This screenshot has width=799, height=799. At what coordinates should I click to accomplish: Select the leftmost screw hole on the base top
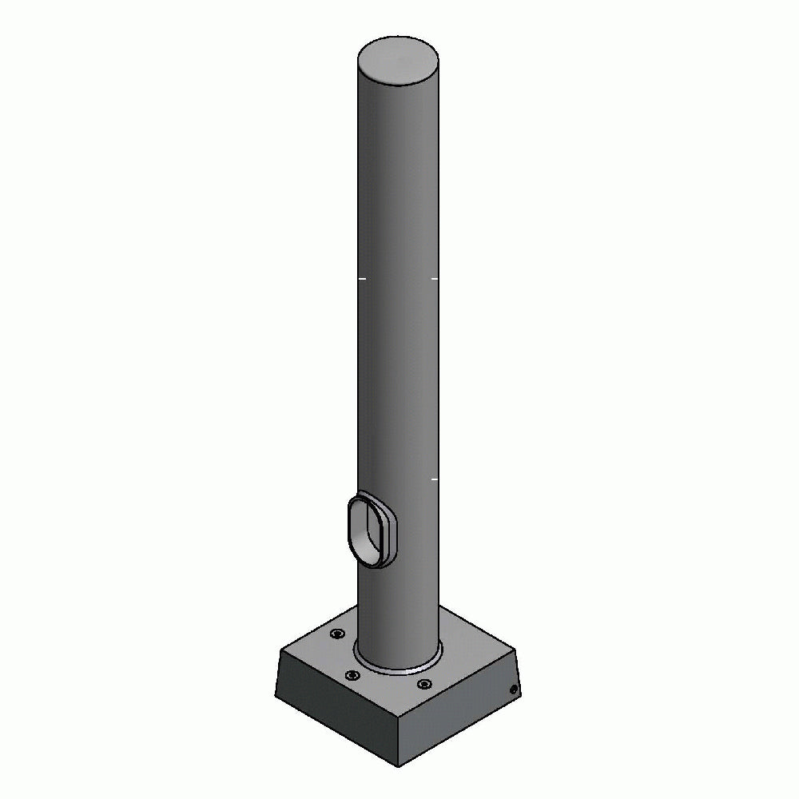point(336,634)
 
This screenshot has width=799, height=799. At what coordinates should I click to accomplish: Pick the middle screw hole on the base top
point(351,677)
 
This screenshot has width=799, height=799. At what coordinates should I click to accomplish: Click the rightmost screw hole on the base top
point(424,684)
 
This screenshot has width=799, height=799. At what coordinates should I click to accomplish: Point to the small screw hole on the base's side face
point(514,689)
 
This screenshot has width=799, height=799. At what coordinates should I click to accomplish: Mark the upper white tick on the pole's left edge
point(362,279)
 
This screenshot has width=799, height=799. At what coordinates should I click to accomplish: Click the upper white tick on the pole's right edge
point(435,279)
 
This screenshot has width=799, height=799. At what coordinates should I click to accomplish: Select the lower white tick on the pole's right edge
point(435,479)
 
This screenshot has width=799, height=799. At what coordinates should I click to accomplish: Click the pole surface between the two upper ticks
point(398,279)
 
